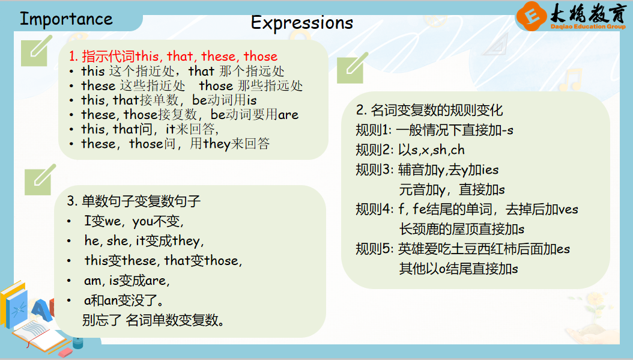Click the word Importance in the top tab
pos(66,19)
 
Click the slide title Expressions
pos(301,23)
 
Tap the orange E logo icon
pos(532,16)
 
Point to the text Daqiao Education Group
pos(588,26)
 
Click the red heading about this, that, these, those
pos(173,56)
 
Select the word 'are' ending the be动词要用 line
pos(288,115)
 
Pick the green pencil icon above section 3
pos(40,179)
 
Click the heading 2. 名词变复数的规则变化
pos(429,110)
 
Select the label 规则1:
pos(374,130)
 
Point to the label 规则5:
pos(374,249)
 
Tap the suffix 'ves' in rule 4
pos(568,209)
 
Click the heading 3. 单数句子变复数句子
pos(133,201)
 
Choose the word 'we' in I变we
pos(113,221)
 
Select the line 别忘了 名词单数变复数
pos(153,320)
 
